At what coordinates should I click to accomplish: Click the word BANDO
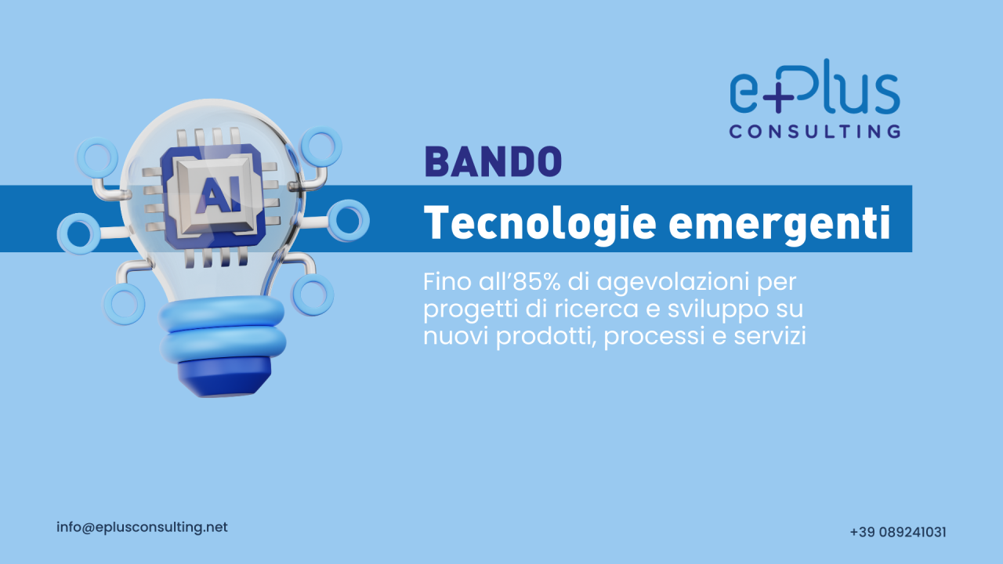click(493, 161)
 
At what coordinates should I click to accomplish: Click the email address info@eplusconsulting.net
click(142, 527)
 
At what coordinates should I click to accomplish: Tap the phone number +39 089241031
click(898, 532)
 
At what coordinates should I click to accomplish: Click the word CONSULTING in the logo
click(814, 131)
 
